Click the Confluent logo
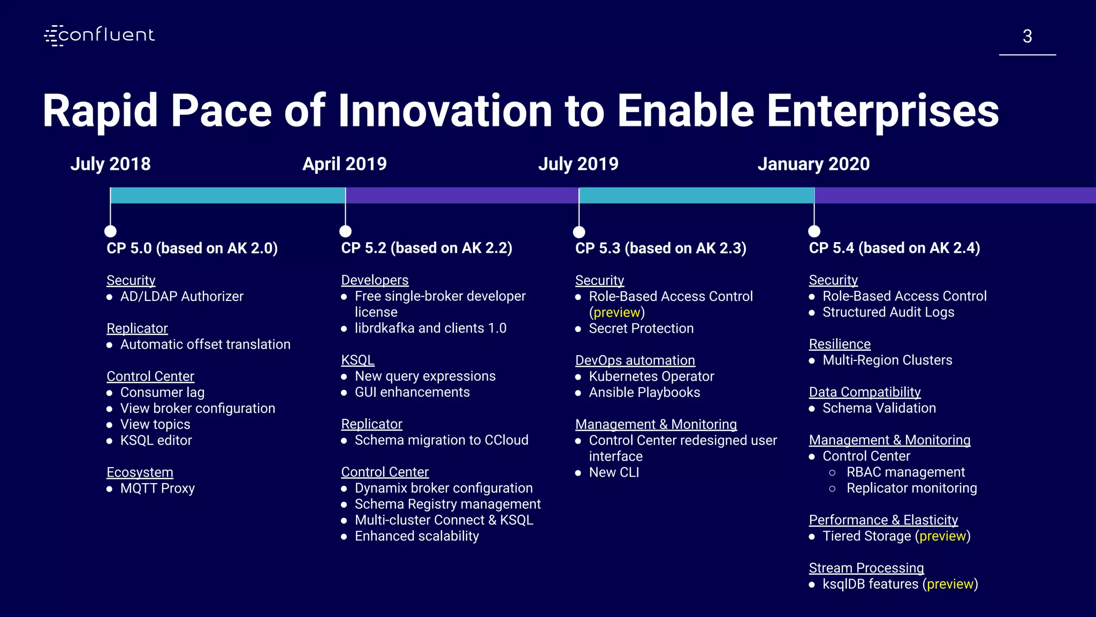tap(100, 35)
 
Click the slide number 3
tap(1027, 36)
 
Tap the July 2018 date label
tap(110, 164)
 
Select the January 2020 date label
tap(813, 164)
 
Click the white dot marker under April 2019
tap(346, 231)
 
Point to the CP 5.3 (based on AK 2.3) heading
tap(660, 248)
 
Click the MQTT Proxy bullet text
tap(157, 488)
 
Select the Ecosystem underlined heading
tap(140, 472)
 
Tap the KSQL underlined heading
tap(357, 360)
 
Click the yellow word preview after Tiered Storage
tap(942, 536)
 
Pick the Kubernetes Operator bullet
tap(651, 377)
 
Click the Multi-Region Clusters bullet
tap(887, 360)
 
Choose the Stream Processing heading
tap(866, 568)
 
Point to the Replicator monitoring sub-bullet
tap(911, 488)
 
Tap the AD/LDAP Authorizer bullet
tap(181, 296)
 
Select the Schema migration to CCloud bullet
tap(442, 440)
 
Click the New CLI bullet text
tap(614, 472)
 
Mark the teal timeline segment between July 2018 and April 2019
tap(228, 195)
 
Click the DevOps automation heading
tap(635, 360)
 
